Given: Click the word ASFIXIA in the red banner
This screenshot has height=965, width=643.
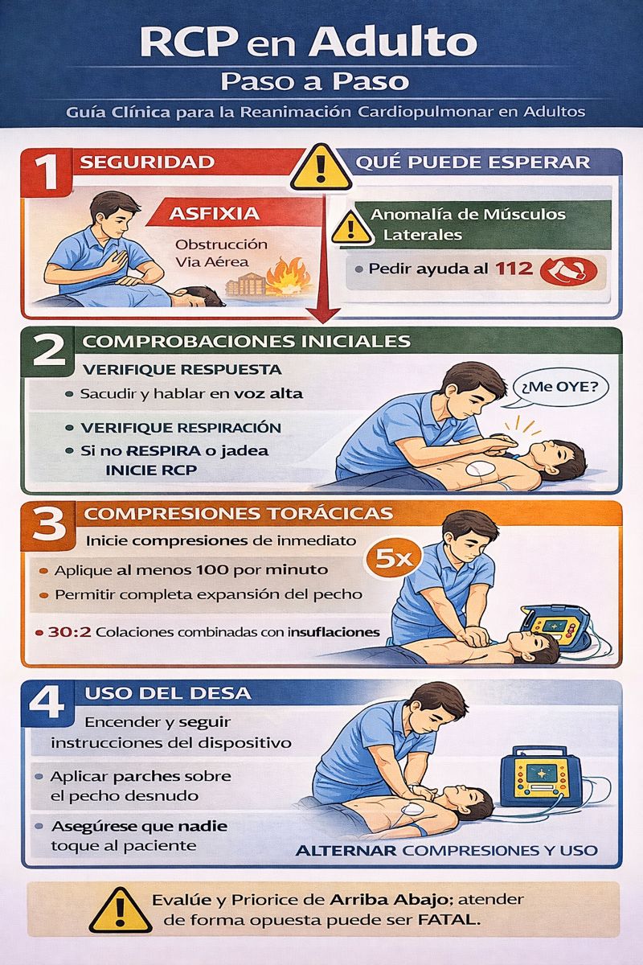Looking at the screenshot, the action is pos(215,213).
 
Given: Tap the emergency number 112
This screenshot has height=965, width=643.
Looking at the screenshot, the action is pos(514,269).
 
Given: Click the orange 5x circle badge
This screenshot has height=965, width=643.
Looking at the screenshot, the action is pos(392,559).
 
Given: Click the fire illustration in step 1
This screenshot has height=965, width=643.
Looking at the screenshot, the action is pos(287,278).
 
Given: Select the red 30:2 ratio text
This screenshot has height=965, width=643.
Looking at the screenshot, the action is pos(69,632).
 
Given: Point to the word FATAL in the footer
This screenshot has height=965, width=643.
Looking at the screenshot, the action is pos(448,920).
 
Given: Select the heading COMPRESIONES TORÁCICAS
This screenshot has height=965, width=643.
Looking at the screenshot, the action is pos(238,514).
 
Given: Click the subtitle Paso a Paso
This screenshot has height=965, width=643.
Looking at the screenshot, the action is pos(314,81).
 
